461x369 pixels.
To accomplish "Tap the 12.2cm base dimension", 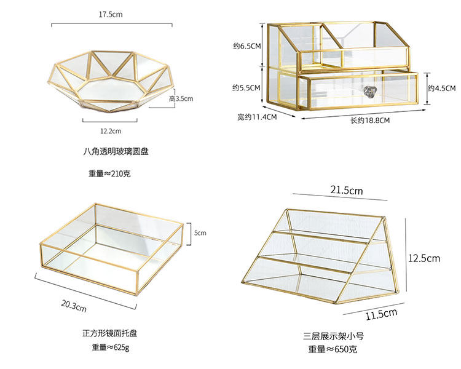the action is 111,130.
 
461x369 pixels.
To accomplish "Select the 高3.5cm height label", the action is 181,98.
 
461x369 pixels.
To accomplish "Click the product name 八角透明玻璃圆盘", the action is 116,151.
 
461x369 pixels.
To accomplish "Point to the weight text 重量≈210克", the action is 109,174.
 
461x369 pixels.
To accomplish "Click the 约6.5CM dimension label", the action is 247,46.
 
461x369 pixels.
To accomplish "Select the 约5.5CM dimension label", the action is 247,88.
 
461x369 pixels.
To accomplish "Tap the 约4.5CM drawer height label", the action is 441,88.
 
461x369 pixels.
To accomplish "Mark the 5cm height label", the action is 201,233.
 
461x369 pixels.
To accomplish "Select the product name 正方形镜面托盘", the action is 110,333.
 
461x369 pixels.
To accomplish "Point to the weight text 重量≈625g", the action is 110,348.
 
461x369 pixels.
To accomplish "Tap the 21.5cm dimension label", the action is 347,191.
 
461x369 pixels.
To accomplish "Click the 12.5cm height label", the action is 424,258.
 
